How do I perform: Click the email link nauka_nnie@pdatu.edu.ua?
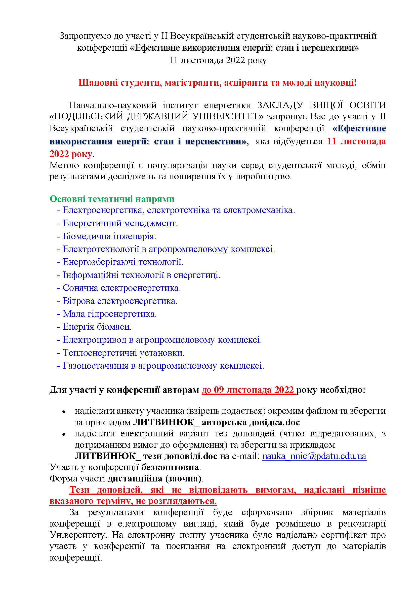pos(314,456)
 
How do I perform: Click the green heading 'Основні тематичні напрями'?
pos(112,199)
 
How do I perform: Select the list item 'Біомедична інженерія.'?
pos(109,236)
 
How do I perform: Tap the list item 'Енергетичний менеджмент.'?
pos(120,223)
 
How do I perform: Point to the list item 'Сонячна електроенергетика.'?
pos(122,288)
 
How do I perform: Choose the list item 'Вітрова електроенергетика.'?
pos(120,301)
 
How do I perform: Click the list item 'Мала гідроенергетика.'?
pos(110,314)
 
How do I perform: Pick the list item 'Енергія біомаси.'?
pos(97,327)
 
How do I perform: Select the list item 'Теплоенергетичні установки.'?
pos(123,353)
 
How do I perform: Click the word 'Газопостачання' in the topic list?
pos(95,366)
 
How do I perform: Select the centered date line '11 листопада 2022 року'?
pos(218,60)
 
